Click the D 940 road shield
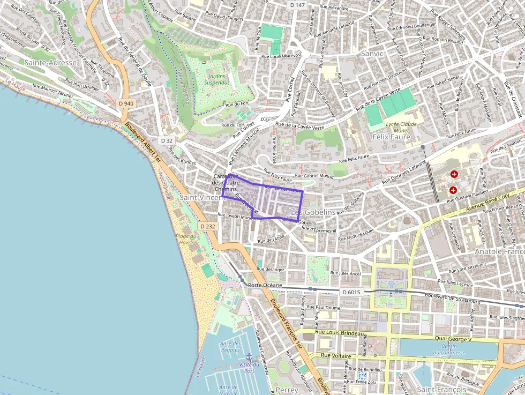point(126,103)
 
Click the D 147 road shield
point(297,5)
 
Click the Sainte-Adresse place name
point(51,63)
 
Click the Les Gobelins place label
point(313,212)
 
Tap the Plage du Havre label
point(185,239)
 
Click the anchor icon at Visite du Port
point(249,356)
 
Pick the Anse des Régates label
point(230,346)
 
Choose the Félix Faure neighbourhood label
point(391,137)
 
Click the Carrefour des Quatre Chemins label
point(226,183)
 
